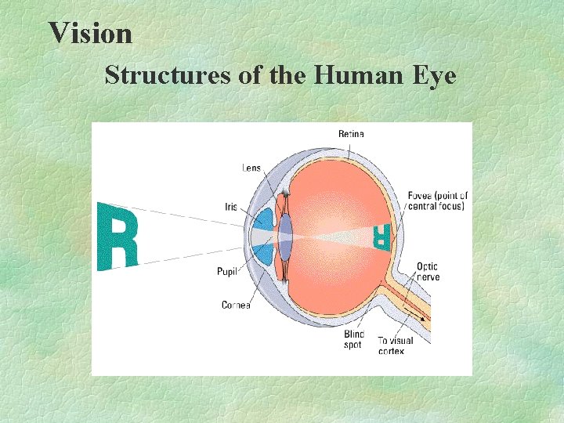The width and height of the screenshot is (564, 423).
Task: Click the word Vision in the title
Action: [x=90, y=33]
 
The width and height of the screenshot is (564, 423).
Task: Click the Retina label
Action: [x=351, y=134]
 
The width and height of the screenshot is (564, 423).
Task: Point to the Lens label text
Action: [x=251, y=168]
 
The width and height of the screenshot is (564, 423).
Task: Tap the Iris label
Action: [x=231, y=207]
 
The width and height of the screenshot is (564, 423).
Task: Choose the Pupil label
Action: [x=227, y=272]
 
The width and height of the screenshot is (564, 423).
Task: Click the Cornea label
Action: [x=236, y=305]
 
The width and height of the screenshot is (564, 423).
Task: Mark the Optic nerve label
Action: [x=428, y=272]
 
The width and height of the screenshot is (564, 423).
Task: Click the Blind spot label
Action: [x=353, y=339]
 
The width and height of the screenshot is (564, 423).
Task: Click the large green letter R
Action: [x=117, y=235]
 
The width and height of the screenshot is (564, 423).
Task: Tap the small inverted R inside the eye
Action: [x=381, y=236]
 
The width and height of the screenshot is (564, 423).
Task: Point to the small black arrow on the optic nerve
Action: [x=424, y=318]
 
